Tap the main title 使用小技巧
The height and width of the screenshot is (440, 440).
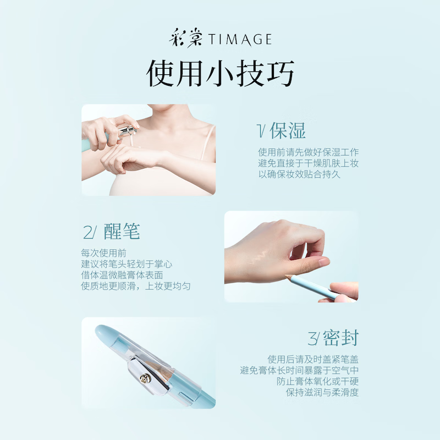(220, 73)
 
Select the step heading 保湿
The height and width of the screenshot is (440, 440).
(287, 130)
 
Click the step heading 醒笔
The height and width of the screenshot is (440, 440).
(122, 232)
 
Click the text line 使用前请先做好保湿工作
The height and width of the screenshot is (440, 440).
(308, 152)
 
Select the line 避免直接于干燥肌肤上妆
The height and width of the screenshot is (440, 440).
(308, 163)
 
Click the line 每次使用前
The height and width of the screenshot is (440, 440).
(103, 253)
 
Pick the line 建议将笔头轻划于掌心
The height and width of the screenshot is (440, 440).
(127, 264)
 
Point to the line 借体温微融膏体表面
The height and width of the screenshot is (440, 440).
(122, 275)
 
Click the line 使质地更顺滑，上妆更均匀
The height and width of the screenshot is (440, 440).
(136, 286)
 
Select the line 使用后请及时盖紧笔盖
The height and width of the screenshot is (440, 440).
(313, 359)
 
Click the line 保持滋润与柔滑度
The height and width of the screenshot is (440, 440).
(322, 392)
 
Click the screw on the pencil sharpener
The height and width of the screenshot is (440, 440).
(145, 378)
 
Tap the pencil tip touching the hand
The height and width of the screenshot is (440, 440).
(288, 273)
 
